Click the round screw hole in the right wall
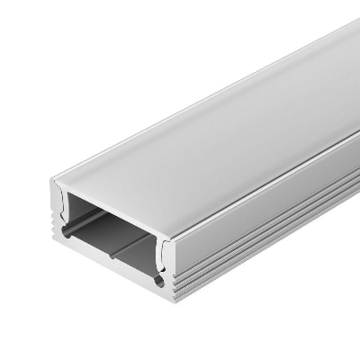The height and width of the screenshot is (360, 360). tap(160, 282)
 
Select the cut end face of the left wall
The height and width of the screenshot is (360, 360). tap(52, 216)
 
